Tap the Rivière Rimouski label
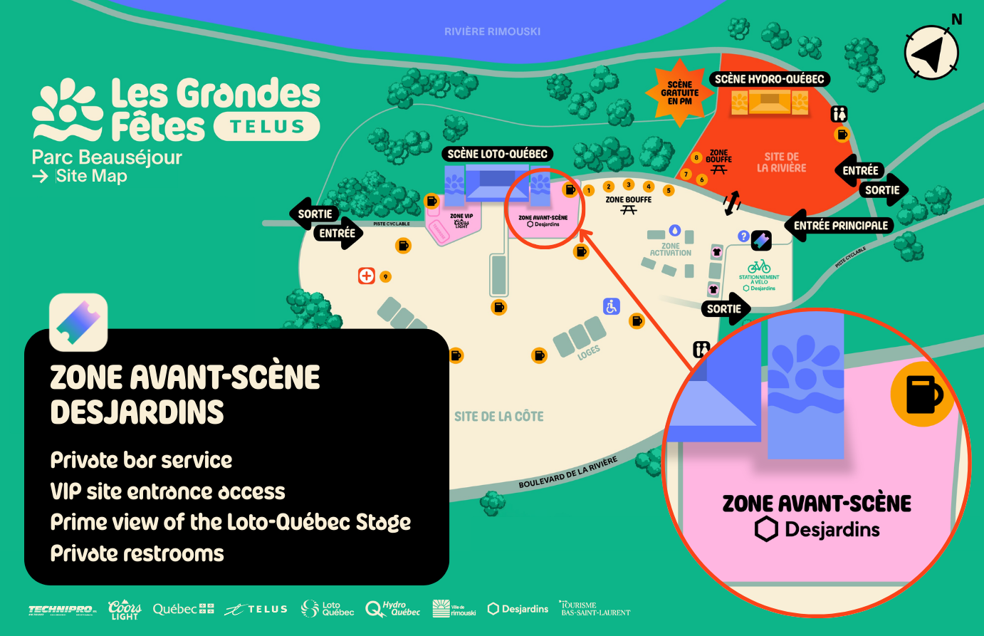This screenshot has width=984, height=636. point(492,31)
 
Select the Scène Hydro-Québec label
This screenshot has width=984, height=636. point(769,79)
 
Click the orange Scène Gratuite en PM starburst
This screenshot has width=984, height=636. point(679,93)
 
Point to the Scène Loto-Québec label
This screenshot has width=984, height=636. point(497,154)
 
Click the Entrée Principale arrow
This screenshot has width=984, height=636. point(839,226)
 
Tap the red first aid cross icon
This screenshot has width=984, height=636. point(366,276)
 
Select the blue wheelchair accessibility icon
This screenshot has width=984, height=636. point(612,306)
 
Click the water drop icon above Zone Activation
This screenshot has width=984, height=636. point(674,231)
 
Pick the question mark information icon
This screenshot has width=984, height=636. point(743,236)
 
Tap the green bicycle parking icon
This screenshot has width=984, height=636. point(759,266)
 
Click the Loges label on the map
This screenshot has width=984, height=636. point(589,352)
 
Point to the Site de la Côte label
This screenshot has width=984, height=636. point(498,417)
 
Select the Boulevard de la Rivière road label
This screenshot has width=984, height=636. point(567,473)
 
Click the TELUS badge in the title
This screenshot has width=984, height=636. point(266,127)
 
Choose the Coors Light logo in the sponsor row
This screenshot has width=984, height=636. point(125,610)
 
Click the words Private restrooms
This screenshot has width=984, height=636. point(137,553)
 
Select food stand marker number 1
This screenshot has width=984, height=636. point(589,191)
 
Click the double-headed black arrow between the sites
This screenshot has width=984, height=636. point(731,202)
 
